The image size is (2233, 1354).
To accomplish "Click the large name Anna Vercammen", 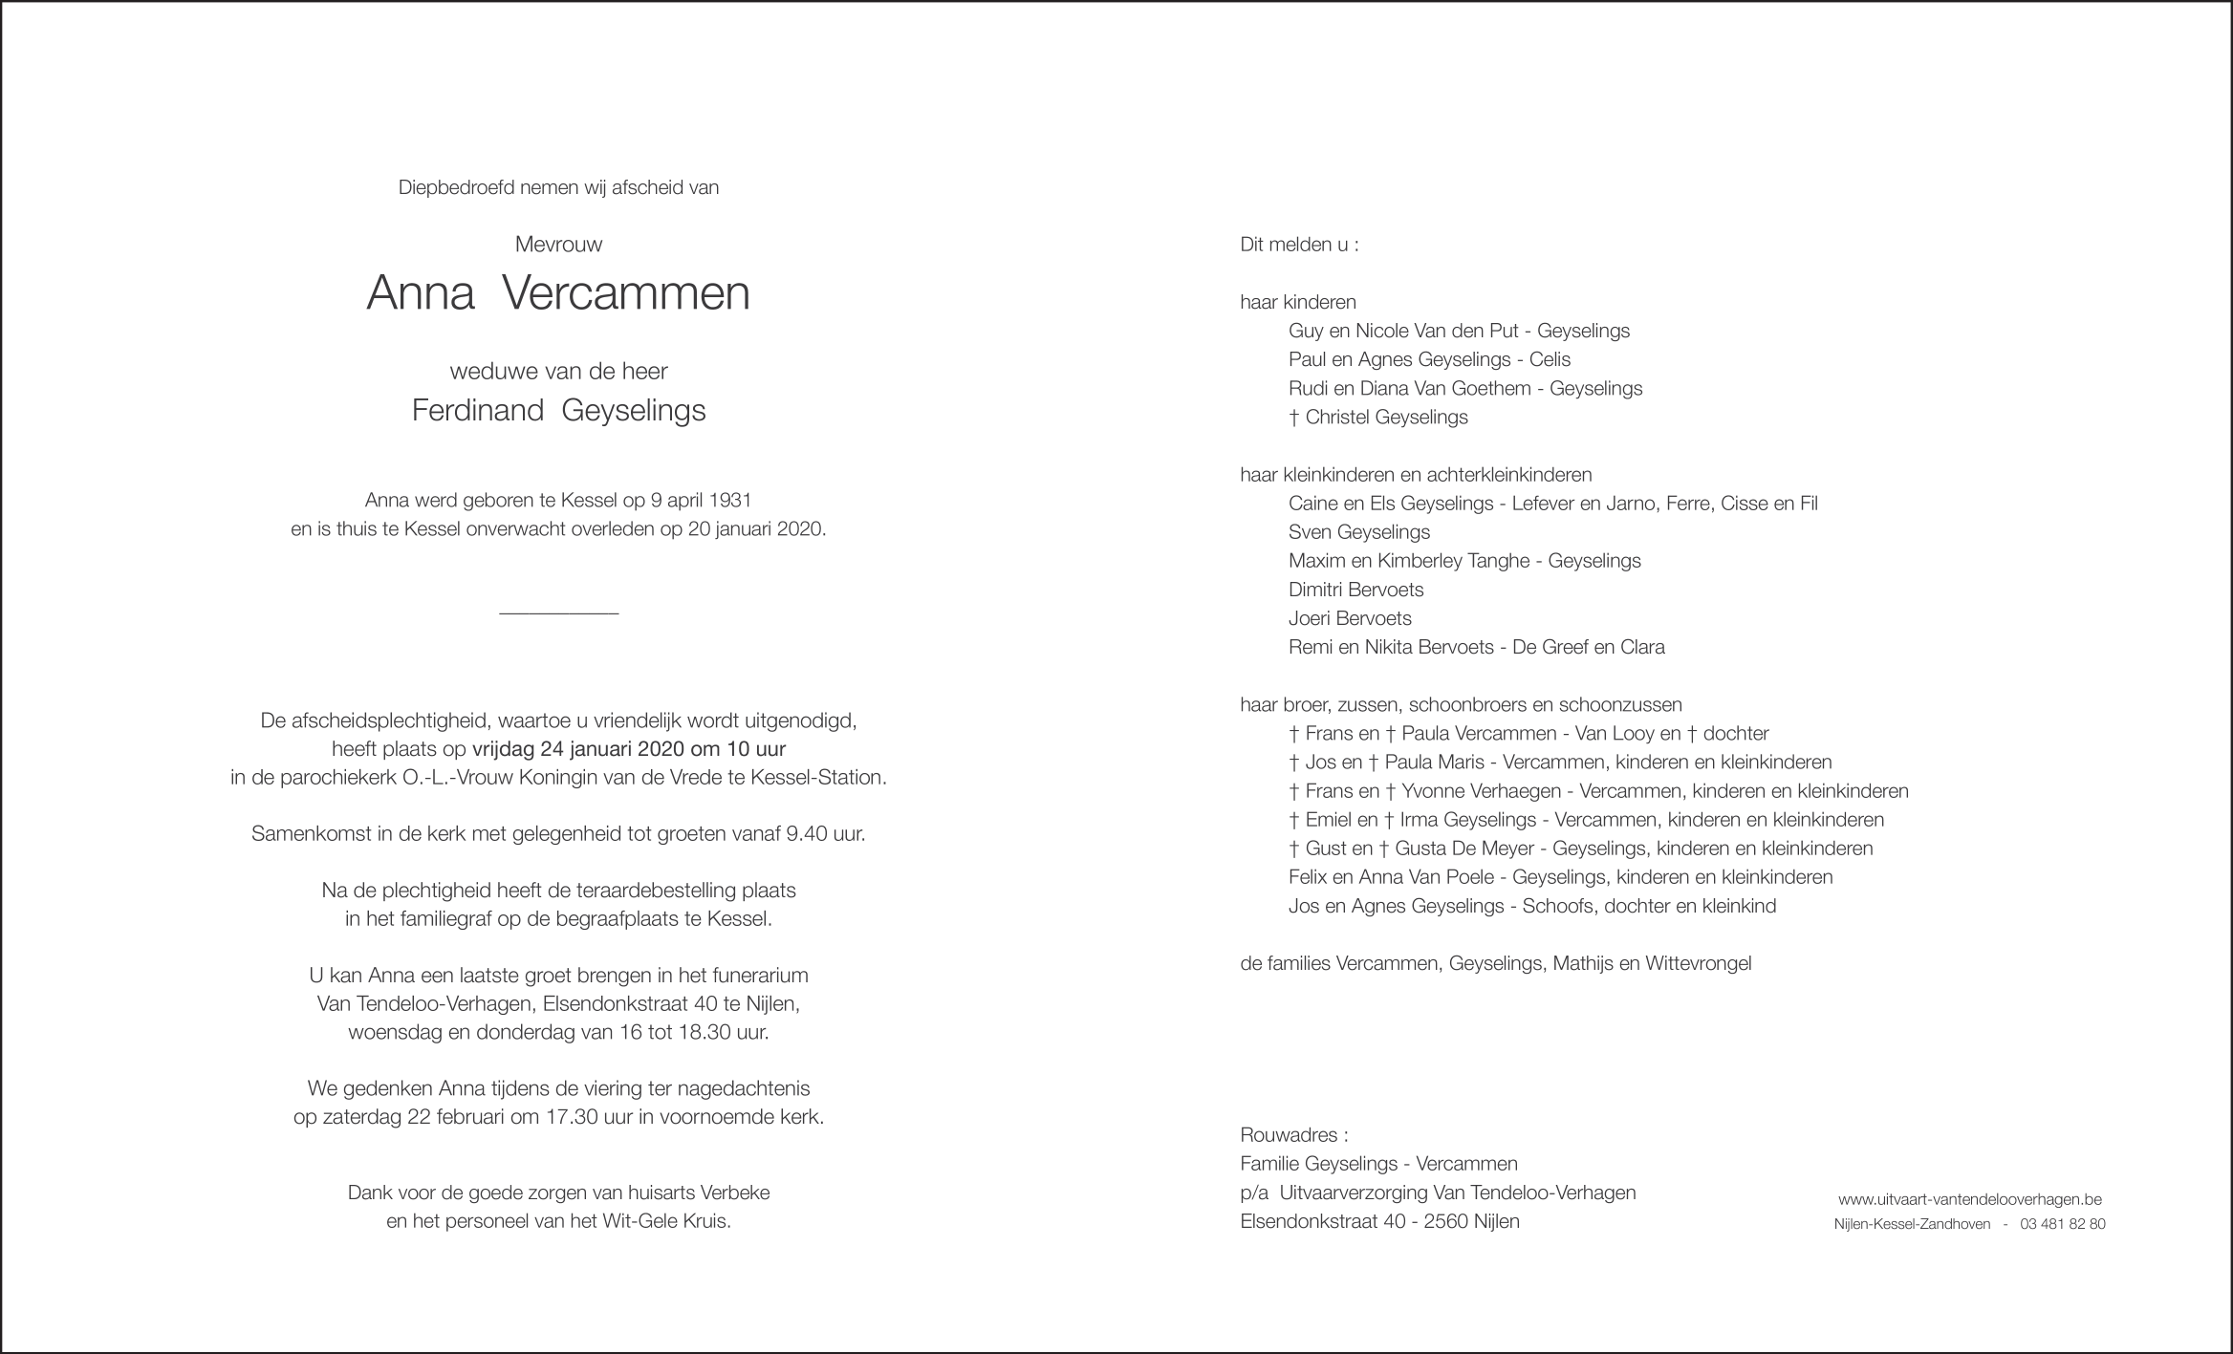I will pos(558,294).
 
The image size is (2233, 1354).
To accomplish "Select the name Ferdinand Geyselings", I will pos(558,410).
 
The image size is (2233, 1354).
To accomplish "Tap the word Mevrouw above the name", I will pos(558,245).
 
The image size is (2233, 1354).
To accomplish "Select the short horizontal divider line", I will pos(558,613).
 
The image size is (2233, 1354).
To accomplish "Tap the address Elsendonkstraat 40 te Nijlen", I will pos(671,1004).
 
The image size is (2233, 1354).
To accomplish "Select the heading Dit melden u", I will pos(1298,245).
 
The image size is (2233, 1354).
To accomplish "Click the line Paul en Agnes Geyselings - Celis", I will pos(1429,359).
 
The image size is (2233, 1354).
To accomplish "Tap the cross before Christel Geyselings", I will pos(1294,418).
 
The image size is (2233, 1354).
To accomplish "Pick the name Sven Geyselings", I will pos(1358,532).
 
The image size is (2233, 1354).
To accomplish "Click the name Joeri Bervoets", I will pos(1349,618).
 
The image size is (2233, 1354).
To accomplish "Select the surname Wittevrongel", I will pos(1698,963).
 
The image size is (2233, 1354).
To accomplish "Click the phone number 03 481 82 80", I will pos(2062,1224).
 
